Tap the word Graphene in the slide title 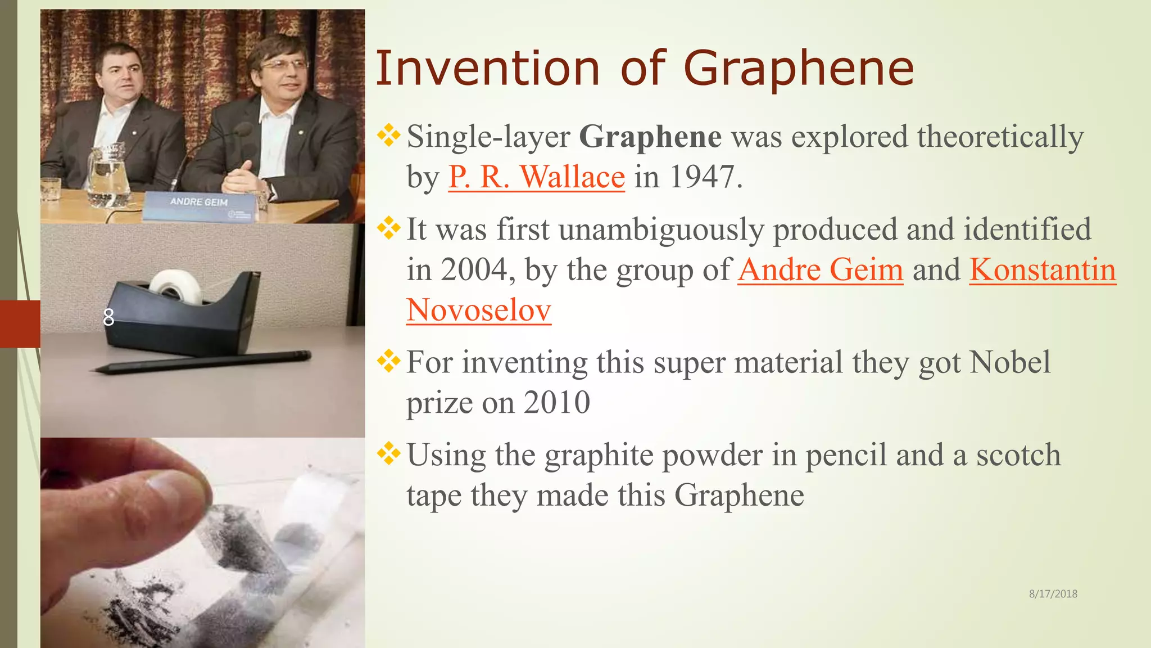[799, 69]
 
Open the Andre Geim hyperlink [820, 269]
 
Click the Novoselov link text [478, 310]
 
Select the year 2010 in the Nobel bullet [556, 403]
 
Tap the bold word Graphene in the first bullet [650, 137]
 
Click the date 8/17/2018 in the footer [1053, 594]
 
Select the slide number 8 [108, 318]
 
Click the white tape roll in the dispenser [175, 285]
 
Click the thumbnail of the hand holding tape [202, 542]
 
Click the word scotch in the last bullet [1018, 455]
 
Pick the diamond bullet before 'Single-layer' [388, 136]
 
